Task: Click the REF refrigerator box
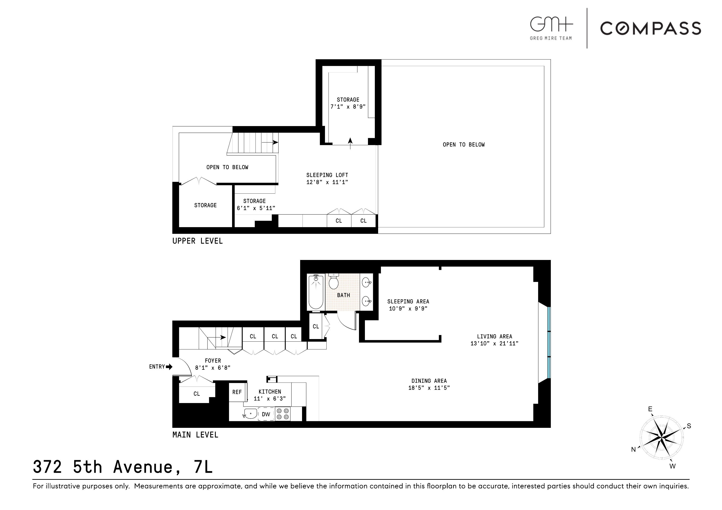[x=237, y=392]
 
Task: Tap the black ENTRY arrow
[x=169, y=367]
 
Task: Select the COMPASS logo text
[x=650, y=28]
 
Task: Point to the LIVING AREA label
[x=494, y=336]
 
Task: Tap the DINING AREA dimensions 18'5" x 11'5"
[x=429, y=388]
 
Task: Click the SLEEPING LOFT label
[x=327, y=175]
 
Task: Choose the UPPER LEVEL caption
[x=198, y=241]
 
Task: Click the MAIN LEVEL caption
[x=195, y=435]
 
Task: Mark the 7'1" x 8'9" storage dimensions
[x=348, y=106]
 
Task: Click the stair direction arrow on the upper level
[x=270, y=142]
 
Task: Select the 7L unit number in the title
[x=202, y=467]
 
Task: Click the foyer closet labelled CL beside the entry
[x=197, y=393]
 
